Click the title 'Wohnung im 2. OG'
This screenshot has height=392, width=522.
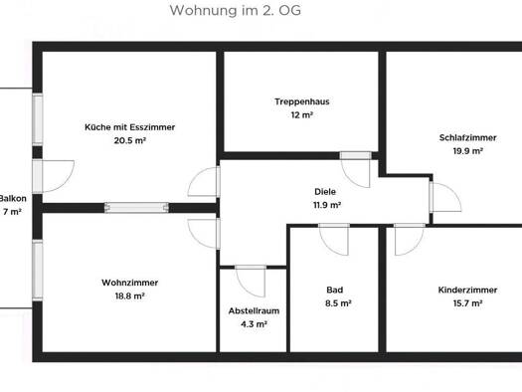(x=235, y=10)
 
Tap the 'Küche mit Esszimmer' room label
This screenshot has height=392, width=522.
(x=130, y=127)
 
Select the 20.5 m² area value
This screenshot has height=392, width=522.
(x=130, y=140)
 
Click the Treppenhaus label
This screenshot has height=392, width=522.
(x=302, y=101)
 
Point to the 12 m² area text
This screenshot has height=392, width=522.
(x=302, y=115)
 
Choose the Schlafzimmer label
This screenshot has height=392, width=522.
(x=467, y=137)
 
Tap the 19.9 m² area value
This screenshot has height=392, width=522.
(x=467, y=151)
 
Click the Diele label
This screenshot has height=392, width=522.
(x=325, y=192)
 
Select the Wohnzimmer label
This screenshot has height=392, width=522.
(x=130, y=283)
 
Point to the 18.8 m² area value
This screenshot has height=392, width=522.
(x=130, y=296)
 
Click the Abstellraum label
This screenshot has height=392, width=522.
(x=254, y=311)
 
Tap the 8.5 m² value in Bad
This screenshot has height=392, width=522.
(x=338, y=303)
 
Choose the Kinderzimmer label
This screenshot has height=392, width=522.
(x=467, y=291)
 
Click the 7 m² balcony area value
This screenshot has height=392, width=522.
(x=12, y=212)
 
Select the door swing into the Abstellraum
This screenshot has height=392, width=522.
(x=251, y=282)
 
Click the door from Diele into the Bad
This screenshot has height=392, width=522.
(x=334, y=240)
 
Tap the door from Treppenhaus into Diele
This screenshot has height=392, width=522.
(x=356, y=170)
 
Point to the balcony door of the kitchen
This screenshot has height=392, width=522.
(x=54, y=176)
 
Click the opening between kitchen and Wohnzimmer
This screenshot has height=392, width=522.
(x=136, y=208)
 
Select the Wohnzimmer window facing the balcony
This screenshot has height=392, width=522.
(x=38, y=271)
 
